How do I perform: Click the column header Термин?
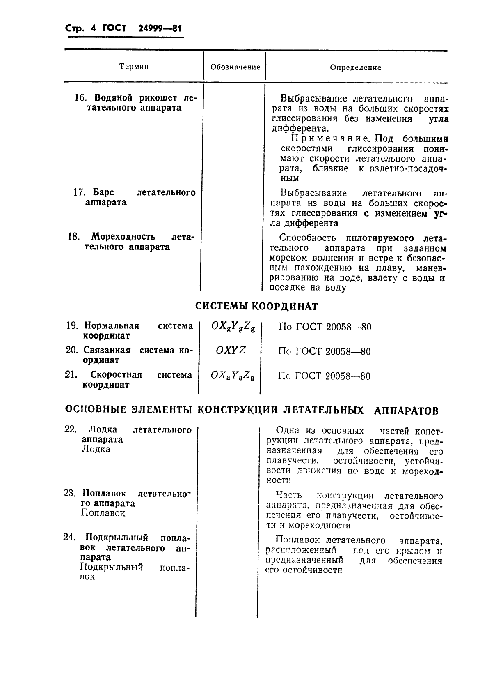pos(134,67)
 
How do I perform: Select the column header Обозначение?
pos(235,67)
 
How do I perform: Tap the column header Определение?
pos(355,67)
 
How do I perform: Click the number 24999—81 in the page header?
pos(154,29)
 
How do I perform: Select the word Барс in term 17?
pos(103,193)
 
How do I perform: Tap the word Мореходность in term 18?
pos(123,237)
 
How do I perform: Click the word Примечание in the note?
pos(323,139)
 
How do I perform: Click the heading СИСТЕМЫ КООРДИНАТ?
pos(256,307)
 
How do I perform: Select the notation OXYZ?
pos(231,351)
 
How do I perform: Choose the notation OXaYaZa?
pos(232,376)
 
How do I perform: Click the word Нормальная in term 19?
pos(111,326)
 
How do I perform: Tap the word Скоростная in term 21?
pos(116,375)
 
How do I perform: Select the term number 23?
pos(69,493)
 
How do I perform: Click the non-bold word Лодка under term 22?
pos(96,449)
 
